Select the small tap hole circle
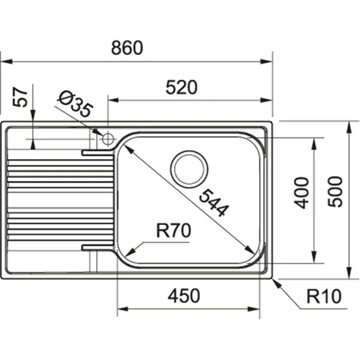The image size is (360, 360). pos(107,138)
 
